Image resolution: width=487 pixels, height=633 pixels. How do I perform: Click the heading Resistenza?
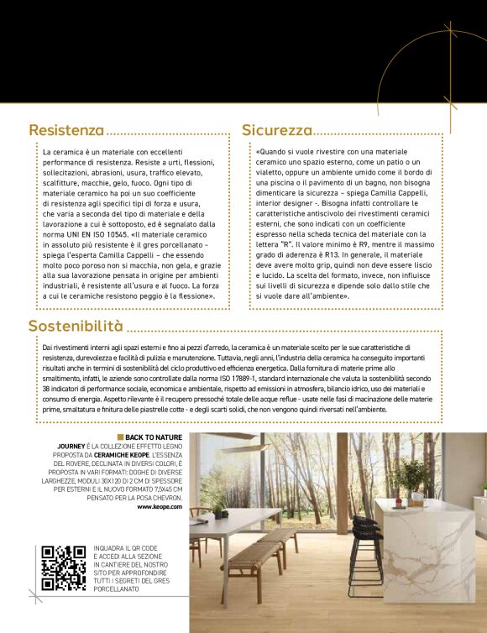[x=66, y=130]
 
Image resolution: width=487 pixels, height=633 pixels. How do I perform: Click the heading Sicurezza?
[x=277, y=130]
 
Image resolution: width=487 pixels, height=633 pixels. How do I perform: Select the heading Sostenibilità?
[x=76, y=326]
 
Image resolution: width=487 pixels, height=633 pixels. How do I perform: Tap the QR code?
[x=64, y=568]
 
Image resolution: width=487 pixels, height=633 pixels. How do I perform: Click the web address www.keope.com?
[x=159, y=506]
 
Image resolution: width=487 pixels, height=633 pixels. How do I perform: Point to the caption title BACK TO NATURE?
[x=153, y=437]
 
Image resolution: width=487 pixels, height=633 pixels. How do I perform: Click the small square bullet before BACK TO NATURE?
[x=120, y=437]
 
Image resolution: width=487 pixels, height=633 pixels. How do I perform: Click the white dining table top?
[x=243, y=515]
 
